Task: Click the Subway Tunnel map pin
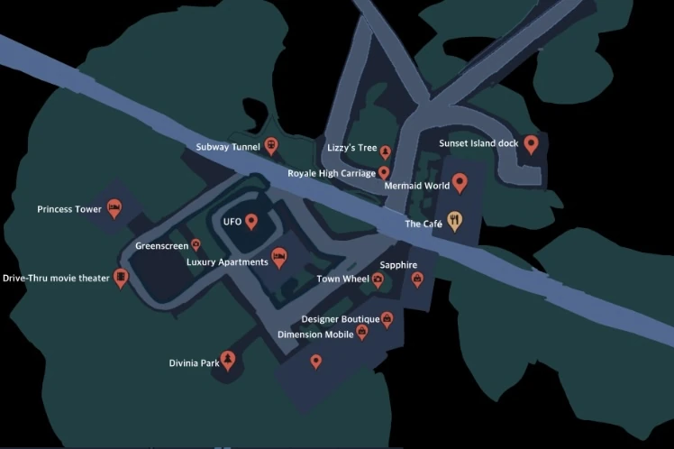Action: click(270, 145)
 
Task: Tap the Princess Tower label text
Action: click(69, 209)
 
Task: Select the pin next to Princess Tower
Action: click(114, 209)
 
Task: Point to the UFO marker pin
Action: click(251, 221)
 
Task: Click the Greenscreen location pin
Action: click(196, 245)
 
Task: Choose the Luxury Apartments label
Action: click(227, 262)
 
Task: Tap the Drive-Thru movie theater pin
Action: click(121, 278)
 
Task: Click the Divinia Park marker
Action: click(228, 361)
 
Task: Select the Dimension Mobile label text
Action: click(315, 334)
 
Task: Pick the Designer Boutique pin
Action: click(387, 318)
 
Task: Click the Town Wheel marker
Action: click(378, 279)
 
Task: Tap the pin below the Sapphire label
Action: click(417, 279)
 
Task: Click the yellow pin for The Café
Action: click(455, 221)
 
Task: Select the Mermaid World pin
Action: click(460, 183)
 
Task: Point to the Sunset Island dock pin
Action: click(531, 143)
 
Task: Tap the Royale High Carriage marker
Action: click(384, 172)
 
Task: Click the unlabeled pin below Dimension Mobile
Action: click(315, 362)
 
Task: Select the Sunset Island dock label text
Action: click(478, 143)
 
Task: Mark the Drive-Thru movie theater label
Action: click(56, 279)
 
